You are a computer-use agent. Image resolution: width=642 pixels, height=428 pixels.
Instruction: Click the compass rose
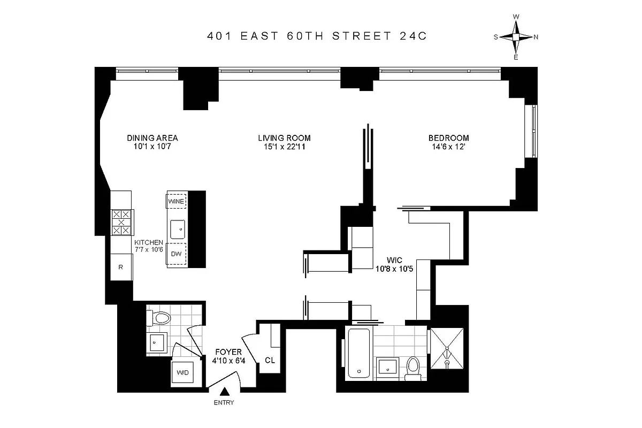[516, 37]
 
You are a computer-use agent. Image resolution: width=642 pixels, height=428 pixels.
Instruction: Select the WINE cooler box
[176, 201]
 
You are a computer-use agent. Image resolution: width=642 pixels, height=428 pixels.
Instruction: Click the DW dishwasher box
[176, 254]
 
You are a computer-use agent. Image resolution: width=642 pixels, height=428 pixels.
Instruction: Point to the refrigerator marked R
[121, 266]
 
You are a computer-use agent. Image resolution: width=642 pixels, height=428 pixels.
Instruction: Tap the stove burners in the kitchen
[122, 222]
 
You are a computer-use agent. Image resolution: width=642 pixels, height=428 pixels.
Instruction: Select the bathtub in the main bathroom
[357, 353]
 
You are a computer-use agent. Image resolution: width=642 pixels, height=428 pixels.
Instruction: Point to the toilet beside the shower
[412, 369]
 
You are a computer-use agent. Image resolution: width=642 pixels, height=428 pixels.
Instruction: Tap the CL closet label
[270, 360]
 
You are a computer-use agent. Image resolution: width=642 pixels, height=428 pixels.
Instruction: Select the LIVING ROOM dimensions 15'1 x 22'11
[284, 147]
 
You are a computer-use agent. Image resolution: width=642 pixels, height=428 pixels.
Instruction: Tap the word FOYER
[228, 352]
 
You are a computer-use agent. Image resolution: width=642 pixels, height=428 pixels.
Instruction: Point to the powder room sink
[157, 342]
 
